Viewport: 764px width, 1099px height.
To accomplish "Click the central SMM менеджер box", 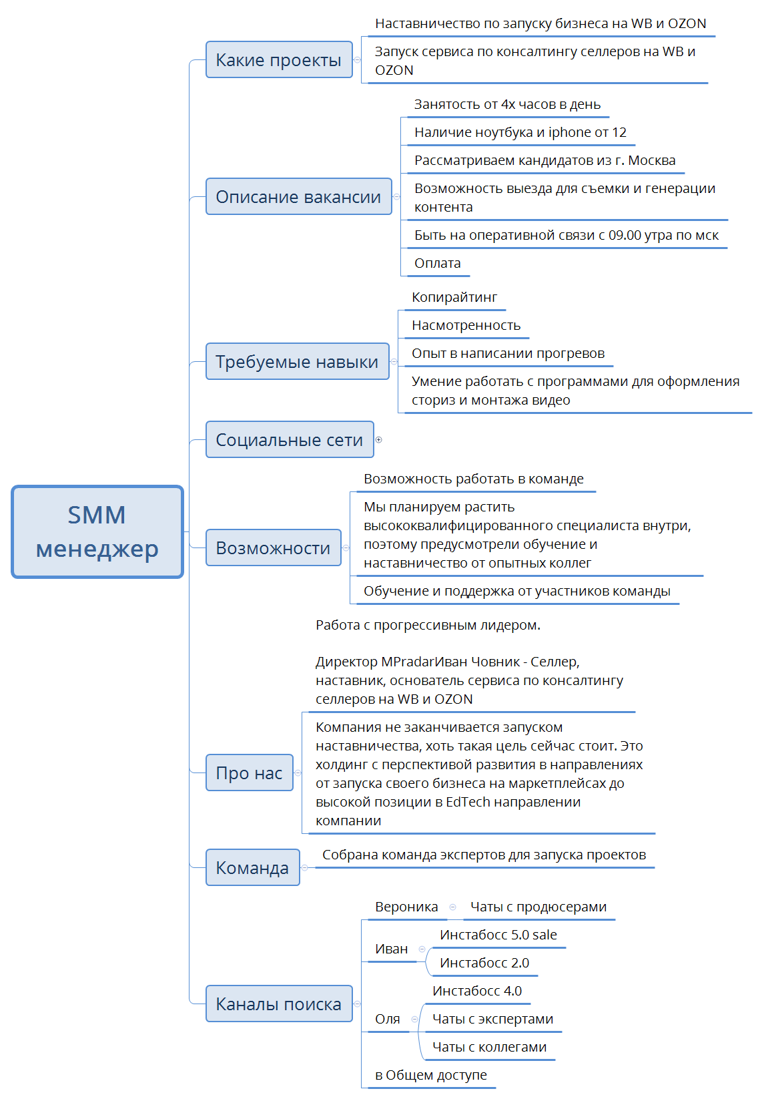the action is (97, 532).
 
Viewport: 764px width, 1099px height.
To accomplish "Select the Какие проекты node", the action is (278, 59).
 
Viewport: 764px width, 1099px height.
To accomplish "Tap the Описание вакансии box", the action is (298, 196).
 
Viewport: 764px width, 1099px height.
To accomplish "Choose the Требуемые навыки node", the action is (297, 361).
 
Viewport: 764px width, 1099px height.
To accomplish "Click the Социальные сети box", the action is (290, 439).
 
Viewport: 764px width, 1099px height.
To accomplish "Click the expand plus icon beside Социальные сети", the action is (378, 439).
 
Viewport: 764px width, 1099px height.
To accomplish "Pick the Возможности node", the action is (273, 547).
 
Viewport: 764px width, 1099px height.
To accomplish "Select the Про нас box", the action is (249, 773).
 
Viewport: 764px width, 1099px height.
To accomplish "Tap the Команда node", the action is (252, 867).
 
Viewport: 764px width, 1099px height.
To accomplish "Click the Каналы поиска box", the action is (278, 1004).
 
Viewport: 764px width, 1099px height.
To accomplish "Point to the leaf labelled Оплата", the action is (438, 264).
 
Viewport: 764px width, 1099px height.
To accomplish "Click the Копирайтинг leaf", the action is (454, 297).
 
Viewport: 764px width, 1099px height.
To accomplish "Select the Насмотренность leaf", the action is (466, 325).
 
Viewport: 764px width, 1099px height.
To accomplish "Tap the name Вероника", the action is (406, 907).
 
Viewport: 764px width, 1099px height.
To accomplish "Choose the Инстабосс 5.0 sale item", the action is (498, 935).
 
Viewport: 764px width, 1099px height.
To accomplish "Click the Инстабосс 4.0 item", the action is (476, 991).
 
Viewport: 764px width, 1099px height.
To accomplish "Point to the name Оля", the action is (388, 1019).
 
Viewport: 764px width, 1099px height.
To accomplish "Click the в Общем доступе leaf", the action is (430, 1075).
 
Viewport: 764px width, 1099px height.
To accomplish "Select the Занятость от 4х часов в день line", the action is (507, 105).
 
